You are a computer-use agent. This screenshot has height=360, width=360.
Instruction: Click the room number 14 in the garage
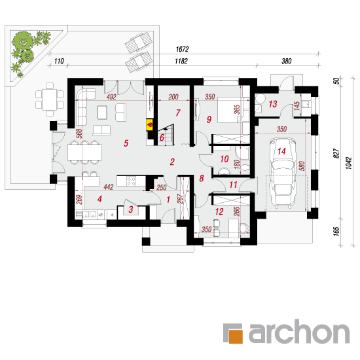pos(281,151)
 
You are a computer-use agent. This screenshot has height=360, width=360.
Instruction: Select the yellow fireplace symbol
pos(150,125)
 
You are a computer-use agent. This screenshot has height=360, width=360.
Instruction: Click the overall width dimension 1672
pos(183,49)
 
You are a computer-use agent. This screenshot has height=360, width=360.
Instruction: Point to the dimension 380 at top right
pos(287,61)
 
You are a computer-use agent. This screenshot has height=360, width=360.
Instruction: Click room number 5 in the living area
pos(126,143)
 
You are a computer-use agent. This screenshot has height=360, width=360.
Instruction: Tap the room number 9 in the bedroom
pos(209,119)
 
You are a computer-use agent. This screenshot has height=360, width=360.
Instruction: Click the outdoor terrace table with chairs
pos(49,99)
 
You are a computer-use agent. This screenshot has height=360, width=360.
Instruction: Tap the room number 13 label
pos(273,104)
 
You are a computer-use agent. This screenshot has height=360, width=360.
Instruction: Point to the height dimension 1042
pos(348,163)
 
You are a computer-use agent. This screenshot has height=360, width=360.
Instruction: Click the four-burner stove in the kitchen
pos(131,181)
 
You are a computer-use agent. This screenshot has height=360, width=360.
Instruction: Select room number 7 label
pos(178,113)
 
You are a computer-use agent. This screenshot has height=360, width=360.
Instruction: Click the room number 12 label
pos(219,211)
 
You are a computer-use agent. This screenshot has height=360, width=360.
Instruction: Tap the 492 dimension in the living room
pos(111,97)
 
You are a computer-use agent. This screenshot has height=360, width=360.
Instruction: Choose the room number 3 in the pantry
pos(131,209)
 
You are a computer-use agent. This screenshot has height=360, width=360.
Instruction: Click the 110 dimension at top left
pos(59,61)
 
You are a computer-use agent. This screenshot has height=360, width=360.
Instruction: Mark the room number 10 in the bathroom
pos(225,159)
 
